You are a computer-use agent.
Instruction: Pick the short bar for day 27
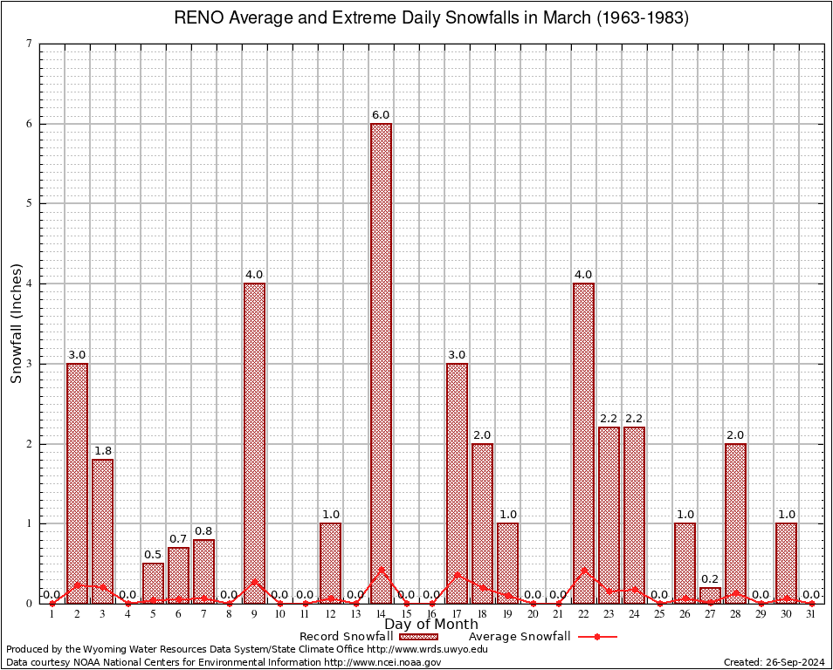(710, 595)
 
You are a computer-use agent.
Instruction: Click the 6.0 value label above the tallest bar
(381, 115)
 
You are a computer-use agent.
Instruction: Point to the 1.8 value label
(102, 450)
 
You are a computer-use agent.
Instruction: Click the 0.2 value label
(710, 578)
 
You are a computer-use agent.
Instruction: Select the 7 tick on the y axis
(30, 44)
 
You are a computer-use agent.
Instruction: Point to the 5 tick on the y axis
(30, 203)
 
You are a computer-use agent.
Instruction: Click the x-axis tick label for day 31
(811, 614)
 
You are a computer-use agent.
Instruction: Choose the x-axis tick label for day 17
(457, 614)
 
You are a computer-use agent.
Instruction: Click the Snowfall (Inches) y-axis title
(17, 323)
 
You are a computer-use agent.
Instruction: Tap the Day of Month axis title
(431, 625)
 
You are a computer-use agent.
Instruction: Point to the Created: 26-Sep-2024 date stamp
(774, 662)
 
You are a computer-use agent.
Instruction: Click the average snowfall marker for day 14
(381, 570)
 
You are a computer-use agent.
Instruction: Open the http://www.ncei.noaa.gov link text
(382, 662)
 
